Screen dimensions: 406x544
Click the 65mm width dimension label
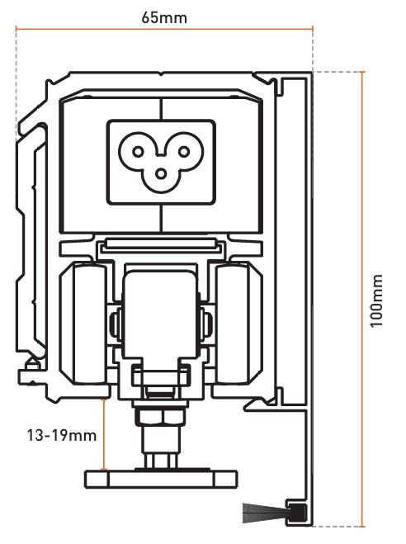click(x=164, y=17)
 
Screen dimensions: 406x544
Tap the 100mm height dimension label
click(x=376, y=300)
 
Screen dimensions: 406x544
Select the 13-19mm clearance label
click(x=62, y=435)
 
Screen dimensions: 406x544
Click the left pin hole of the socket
click(x=138, y=152)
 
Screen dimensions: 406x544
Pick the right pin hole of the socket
click(x=184, y=152)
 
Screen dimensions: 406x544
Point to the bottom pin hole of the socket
click(x=161, y=174)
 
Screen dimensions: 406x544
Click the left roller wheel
click(x=83, y=324)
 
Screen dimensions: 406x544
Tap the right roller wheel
click(x=238, y=324)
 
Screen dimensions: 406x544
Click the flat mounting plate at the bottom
click(x=161, y=480)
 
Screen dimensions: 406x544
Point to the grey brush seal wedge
click(x=264, y=513)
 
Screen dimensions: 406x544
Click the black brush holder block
click(x=295, y=513)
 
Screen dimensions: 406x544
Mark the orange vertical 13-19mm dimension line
click(x=103, y=435)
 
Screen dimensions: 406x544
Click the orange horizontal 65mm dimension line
click(x=164, y=29)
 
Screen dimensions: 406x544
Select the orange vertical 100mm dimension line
click(x=362, y=299)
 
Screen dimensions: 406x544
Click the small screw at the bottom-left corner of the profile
click(x=31, y=363)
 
